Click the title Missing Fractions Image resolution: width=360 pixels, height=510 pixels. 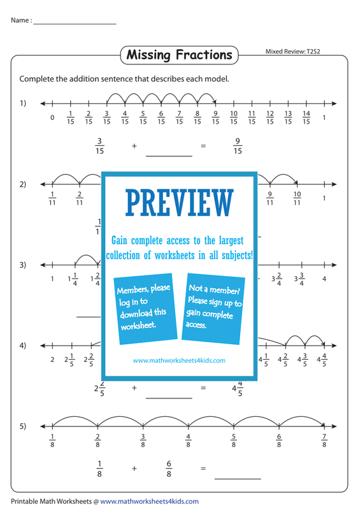[x=179, y=55]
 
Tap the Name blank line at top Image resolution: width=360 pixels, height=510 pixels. [x=75, y=24]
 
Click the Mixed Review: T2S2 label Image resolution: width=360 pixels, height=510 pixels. [x=292, y=52]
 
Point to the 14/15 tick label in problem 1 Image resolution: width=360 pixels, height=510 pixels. [x=306, y=117]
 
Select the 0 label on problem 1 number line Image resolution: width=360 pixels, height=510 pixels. [x=52, y=118]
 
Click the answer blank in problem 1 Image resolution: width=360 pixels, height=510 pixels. [x=169, y=156]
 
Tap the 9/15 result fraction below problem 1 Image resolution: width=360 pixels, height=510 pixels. [x=238, y=146]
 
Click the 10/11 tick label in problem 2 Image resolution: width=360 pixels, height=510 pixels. [x=297, y=198]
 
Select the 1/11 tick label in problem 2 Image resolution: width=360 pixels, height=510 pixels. [x=52, y=198]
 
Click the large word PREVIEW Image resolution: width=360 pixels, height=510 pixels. [x=179, y=203]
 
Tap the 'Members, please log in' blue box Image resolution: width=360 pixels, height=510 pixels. [x=145, y=309]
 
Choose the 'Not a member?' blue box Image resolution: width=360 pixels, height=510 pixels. [x=213, y=309]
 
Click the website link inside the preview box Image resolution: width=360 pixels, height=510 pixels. [x=179, y=360]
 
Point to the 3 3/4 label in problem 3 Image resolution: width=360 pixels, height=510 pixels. [x=299, y=279]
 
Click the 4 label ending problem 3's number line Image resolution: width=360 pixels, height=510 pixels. [x=324, y=279]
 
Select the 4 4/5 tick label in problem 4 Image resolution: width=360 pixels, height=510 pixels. [x=322, y=360]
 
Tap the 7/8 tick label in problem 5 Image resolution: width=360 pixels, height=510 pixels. [x=324, y=441]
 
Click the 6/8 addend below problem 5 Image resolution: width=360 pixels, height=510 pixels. [x=169, y=469]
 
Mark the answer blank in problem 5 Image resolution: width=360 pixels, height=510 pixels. [x=238, y=479]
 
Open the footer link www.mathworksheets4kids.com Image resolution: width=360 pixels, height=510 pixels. [x=149, y=502]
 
